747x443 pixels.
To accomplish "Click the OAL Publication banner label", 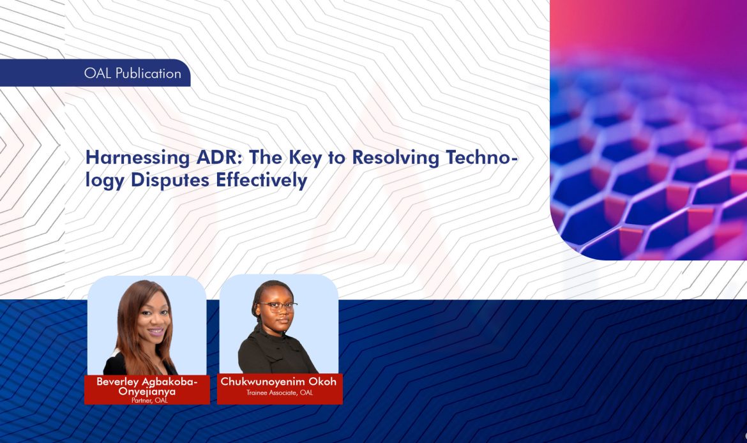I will pos(132,73).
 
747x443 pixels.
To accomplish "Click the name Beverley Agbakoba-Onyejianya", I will pos(147,386).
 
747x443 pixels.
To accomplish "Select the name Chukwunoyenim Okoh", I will pos(278,382).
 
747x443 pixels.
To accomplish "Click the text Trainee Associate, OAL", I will pos(280,393).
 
